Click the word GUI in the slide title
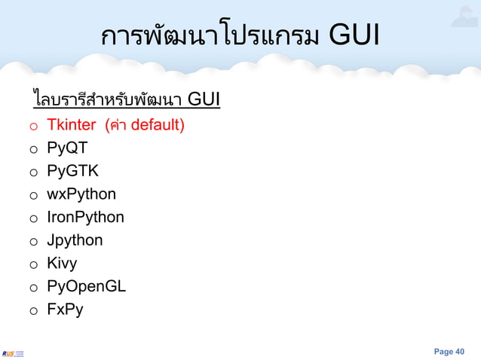[x=354, y=35]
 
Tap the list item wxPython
[x=81, y=194]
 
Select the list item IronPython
[x=85, y=218]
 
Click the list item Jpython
[x=75, y=241]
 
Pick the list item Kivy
[x=62, y=264]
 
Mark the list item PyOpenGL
[x=86, y=287]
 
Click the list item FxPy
[x=65, y=310]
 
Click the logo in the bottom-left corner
[x=13, y=352]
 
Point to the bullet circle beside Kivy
[x=34, y=265]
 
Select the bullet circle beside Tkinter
[x=34, y=126]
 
